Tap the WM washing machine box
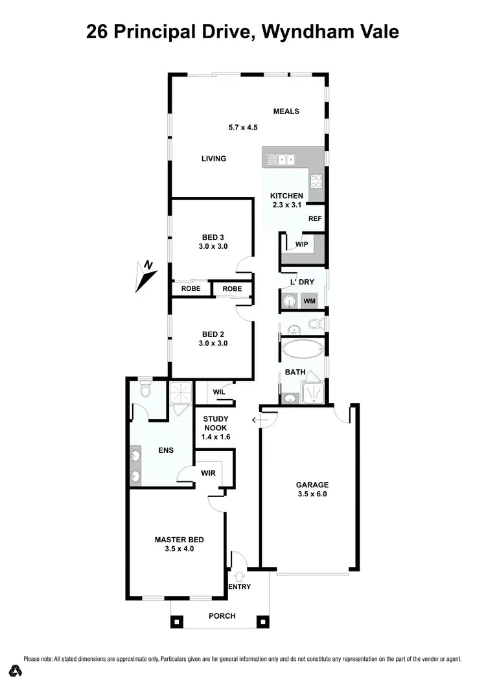pos(309,301)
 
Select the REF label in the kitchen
pos(315,219)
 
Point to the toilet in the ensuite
pos(145,390)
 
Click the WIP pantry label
pos(301,244)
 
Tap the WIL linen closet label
pos(218,391)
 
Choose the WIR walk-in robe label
pos(208,474)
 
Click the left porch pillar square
pos(177,621)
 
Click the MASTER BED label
pos(179,539)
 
